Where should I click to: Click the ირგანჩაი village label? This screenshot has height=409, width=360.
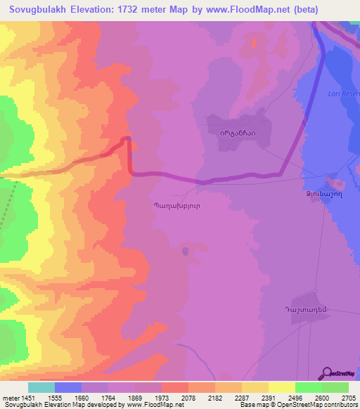point(240,131)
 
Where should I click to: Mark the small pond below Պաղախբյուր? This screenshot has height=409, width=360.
point(186,249)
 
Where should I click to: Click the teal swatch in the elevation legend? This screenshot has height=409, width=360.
point(41,387)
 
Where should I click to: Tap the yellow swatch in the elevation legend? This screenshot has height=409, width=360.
point(255,387)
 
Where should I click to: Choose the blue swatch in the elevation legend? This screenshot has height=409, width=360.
point(68,387)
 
